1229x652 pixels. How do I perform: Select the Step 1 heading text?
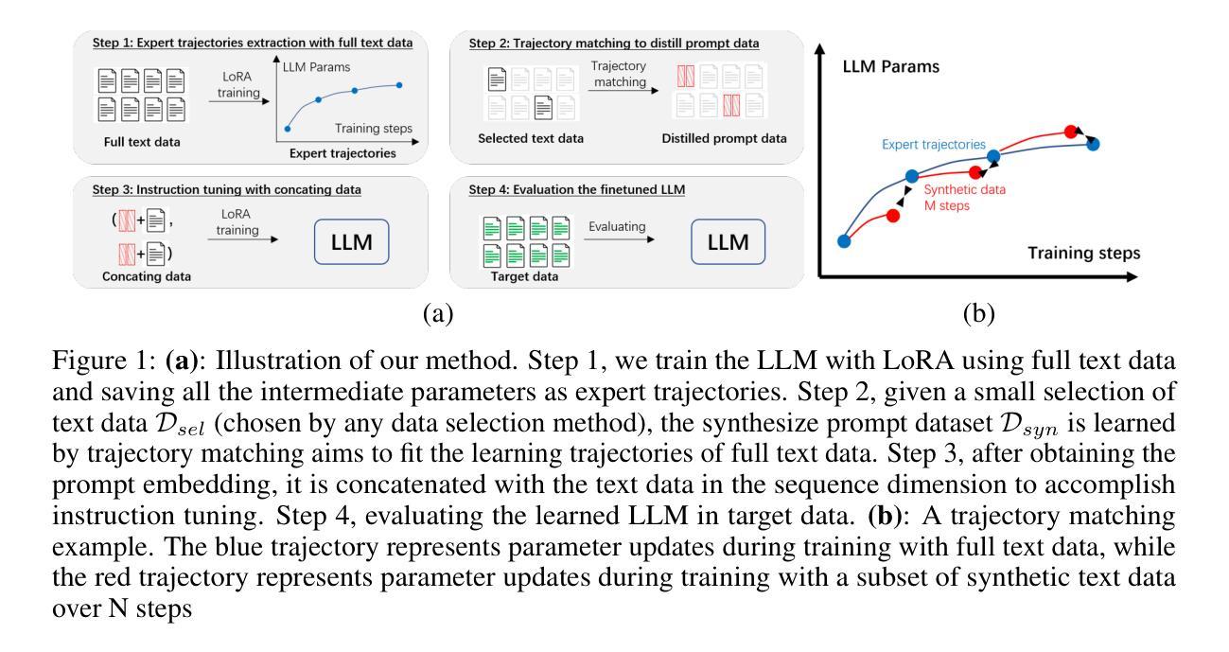pos(253,43)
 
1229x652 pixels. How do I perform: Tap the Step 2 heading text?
pos(614,44)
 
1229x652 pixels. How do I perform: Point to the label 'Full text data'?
pos(142,142)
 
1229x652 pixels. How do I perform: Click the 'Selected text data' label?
pos(531,138)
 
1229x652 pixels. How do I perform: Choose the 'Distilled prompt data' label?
pos(724,138)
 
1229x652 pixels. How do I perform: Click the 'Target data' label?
pos(524,276)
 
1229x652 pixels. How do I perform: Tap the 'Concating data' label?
pos(147,276)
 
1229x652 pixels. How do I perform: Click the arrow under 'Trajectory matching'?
pos(623,90)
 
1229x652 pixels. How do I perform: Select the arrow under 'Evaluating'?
pos(619,239)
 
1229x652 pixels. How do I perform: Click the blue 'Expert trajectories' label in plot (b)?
pos(933,145)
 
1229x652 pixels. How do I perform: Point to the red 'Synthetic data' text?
pos(964,189)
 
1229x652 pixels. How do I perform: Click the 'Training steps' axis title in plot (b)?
pos(1083,253)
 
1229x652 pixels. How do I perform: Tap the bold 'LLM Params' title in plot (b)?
pos(890,67)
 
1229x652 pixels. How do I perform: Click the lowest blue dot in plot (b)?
pos(844,241)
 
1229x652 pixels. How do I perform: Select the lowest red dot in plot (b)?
pos(893,216)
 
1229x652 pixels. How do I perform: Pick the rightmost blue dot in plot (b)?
pos(1093,145)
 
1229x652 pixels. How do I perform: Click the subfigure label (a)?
pos(438,313)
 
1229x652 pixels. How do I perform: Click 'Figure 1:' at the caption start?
pos(104,361)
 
